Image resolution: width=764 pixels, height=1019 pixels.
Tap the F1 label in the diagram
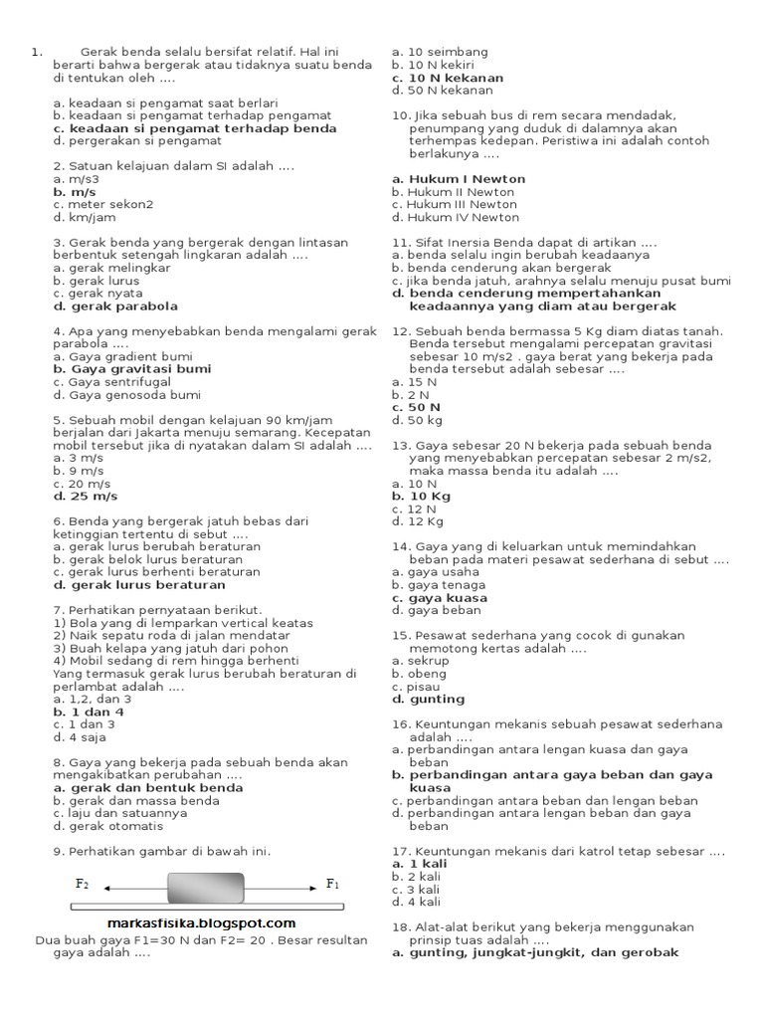coord(332,884)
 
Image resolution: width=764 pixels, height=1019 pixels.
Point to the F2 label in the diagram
coord(82,884)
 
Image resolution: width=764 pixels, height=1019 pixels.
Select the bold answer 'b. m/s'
coord(75,192)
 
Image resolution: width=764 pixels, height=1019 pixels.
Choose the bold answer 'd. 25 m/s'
coord(86,496)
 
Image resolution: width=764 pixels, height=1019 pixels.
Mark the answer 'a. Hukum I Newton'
coord(459,179)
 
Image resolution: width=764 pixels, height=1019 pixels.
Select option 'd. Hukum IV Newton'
coord(456,217)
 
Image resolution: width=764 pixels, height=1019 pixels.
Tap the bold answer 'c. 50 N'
coord(416,407)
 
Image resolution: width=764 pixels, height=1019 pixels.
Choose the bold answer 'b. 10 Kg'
coord(421,496)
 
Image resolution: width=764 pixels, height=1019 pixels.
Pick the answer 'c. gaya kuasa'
coord(440,598)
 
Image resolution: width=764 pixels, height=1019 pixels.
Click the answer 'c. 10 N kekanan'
coord(448,78)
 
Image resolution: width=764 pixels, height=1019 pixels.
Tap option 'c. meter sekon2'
coord(103,205)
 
